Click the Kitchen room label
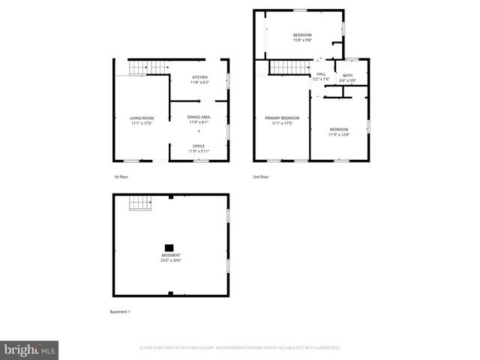(199, 78)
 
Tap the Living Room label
(142, 118)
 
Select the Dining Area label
(199, 118)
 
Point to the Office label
(199, 145)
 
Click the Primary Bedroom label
(281, 118)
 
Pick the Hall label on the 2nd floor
(321, 74)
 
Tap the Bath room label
(347, 75)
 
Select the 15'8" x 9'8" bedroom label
(302, 35)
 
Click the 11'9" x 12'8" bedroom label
(339, 130)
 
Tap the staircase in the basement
(140, 202)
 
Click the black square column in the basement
(169, 247)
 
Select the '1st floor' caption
(121, 177)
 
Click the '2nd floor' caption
(261, 177)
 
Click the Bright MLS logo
(29, 349)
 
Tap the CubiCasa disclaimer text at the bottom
(240, 348)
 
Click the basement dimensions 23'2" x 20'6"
(170, 260)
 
